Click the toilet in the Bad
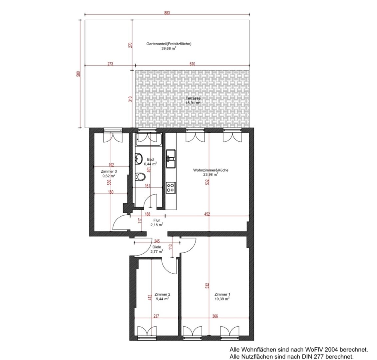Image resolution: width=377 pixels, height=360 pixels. (x=140, y=177)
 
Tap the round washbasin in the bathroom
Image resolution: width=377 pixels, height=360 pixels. (x=139, y=159)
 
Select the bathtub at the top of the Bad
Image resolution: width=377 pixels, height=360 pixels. (x=149, y=140)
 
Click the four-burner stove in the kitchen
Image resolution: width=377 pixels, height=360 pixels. (x=171, y=187)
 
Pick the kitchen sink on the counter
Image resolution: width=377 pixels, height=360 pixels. (x=171, y=159)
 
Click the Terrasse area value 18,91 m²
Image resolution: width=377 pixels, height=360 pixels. (x=193, y=103)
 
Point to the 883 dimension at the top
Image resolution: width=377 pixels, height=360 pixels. (x=167, y=13)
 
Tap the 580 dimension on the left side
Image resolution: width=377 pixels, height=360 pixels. (x=78, y=74)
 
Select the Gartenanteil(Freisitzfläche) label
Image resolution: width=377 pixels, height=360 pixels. (x=169, y=44)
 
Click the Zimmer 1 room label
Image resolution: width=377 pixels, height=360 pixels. (x=222, y=294)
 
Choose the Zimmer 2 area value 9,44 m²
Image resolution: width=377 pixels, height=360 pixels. (x=162, y=299)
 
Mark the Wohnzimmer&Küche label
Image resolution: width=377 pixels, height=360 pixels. (x=211, y=170)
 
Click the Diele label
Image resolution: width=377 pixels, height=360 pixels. (x=157, y=247)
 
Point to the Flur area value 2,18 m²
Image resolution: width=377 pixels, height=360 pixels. (x=157, y=225)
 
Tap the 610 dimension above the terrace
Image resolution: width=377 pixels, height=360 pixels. (x=192, y=64)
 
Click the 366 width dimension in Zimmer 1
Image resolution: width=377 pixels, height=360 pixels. (x=215, y=316)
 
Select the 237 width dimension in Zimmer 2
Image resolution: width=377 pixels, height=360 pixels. (x=156, y=316)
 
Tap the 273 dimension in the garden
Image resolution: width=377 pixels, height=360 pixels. (x=110, y=64)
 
